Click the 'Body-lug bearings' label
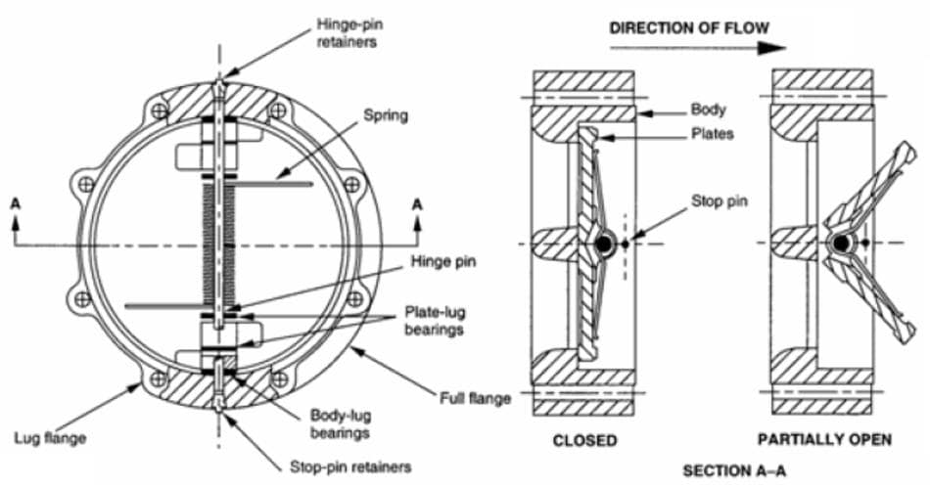tap(337, 422)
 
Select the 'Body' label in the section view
tap(709, 111)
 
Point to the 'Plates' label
tap(712, 134)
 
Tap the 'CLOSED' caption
tap(584, 440)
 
